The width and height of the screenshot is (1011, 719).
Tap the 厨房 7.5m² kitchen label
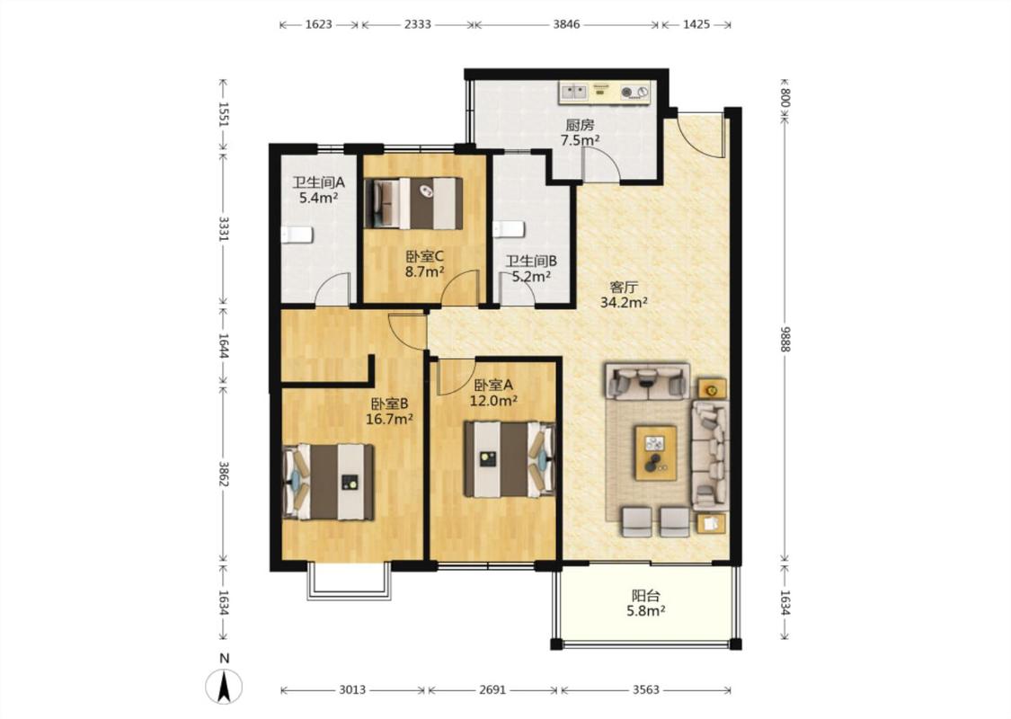pyautogui.click(x=580, y=132)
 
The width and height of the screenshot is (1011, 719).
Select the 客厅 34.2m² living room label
pyautogui.click(x=624, y=295)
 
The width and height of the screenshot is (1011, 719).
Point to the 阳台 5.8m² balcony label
pyautogui.click(x=645, y=603)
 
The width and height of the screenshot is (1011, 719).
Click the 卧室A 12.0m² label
pyautogui.click(x=494, y=393)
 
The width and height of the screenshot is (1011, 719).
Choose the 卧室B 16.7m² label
pyautogui.click(x=389, y=412)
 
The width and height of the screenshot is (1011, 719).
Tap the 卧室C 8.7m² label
pyautogui.click(x=424, y=263)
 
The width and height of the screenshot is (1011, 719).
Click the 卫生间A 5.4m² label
pyautogui.click(x=318, y=191)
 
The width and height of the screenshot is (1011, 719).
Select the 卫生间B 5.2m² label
pyautogui.click(x=531, y=269)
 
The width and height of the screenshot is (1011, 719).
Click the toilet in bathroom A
pyautogui.click(x=297, y=235)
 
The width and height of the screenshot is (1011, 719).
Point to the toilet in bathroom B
pyautogui.click(x=509, y=229)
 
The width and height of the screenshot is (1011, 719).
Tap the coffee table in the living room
pyautogui.click(x=656, y=453)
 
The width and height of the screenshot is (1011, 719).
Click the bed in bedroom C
pyautogui.click(x=414, y=203)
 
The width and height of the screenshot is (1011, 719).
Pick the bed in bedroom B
pyautogui.click(x=329, y=482)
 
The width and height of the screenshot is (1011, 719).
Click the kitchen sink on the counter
pyautogui.click(x=574, y=93)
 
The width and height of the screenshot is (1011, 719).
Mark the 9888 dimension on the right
pyautogui.click(x=785, y=338)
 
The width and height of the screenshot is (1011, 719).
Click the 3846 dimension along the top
pyautogui.click(x=567, y=24)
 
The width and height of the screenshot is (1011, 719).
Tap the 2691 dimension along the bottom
pyautogui.click(x=492, y=690)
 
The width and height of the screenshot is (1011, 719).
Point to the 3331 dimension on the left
pyautogui.click(x=223, y=228)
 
